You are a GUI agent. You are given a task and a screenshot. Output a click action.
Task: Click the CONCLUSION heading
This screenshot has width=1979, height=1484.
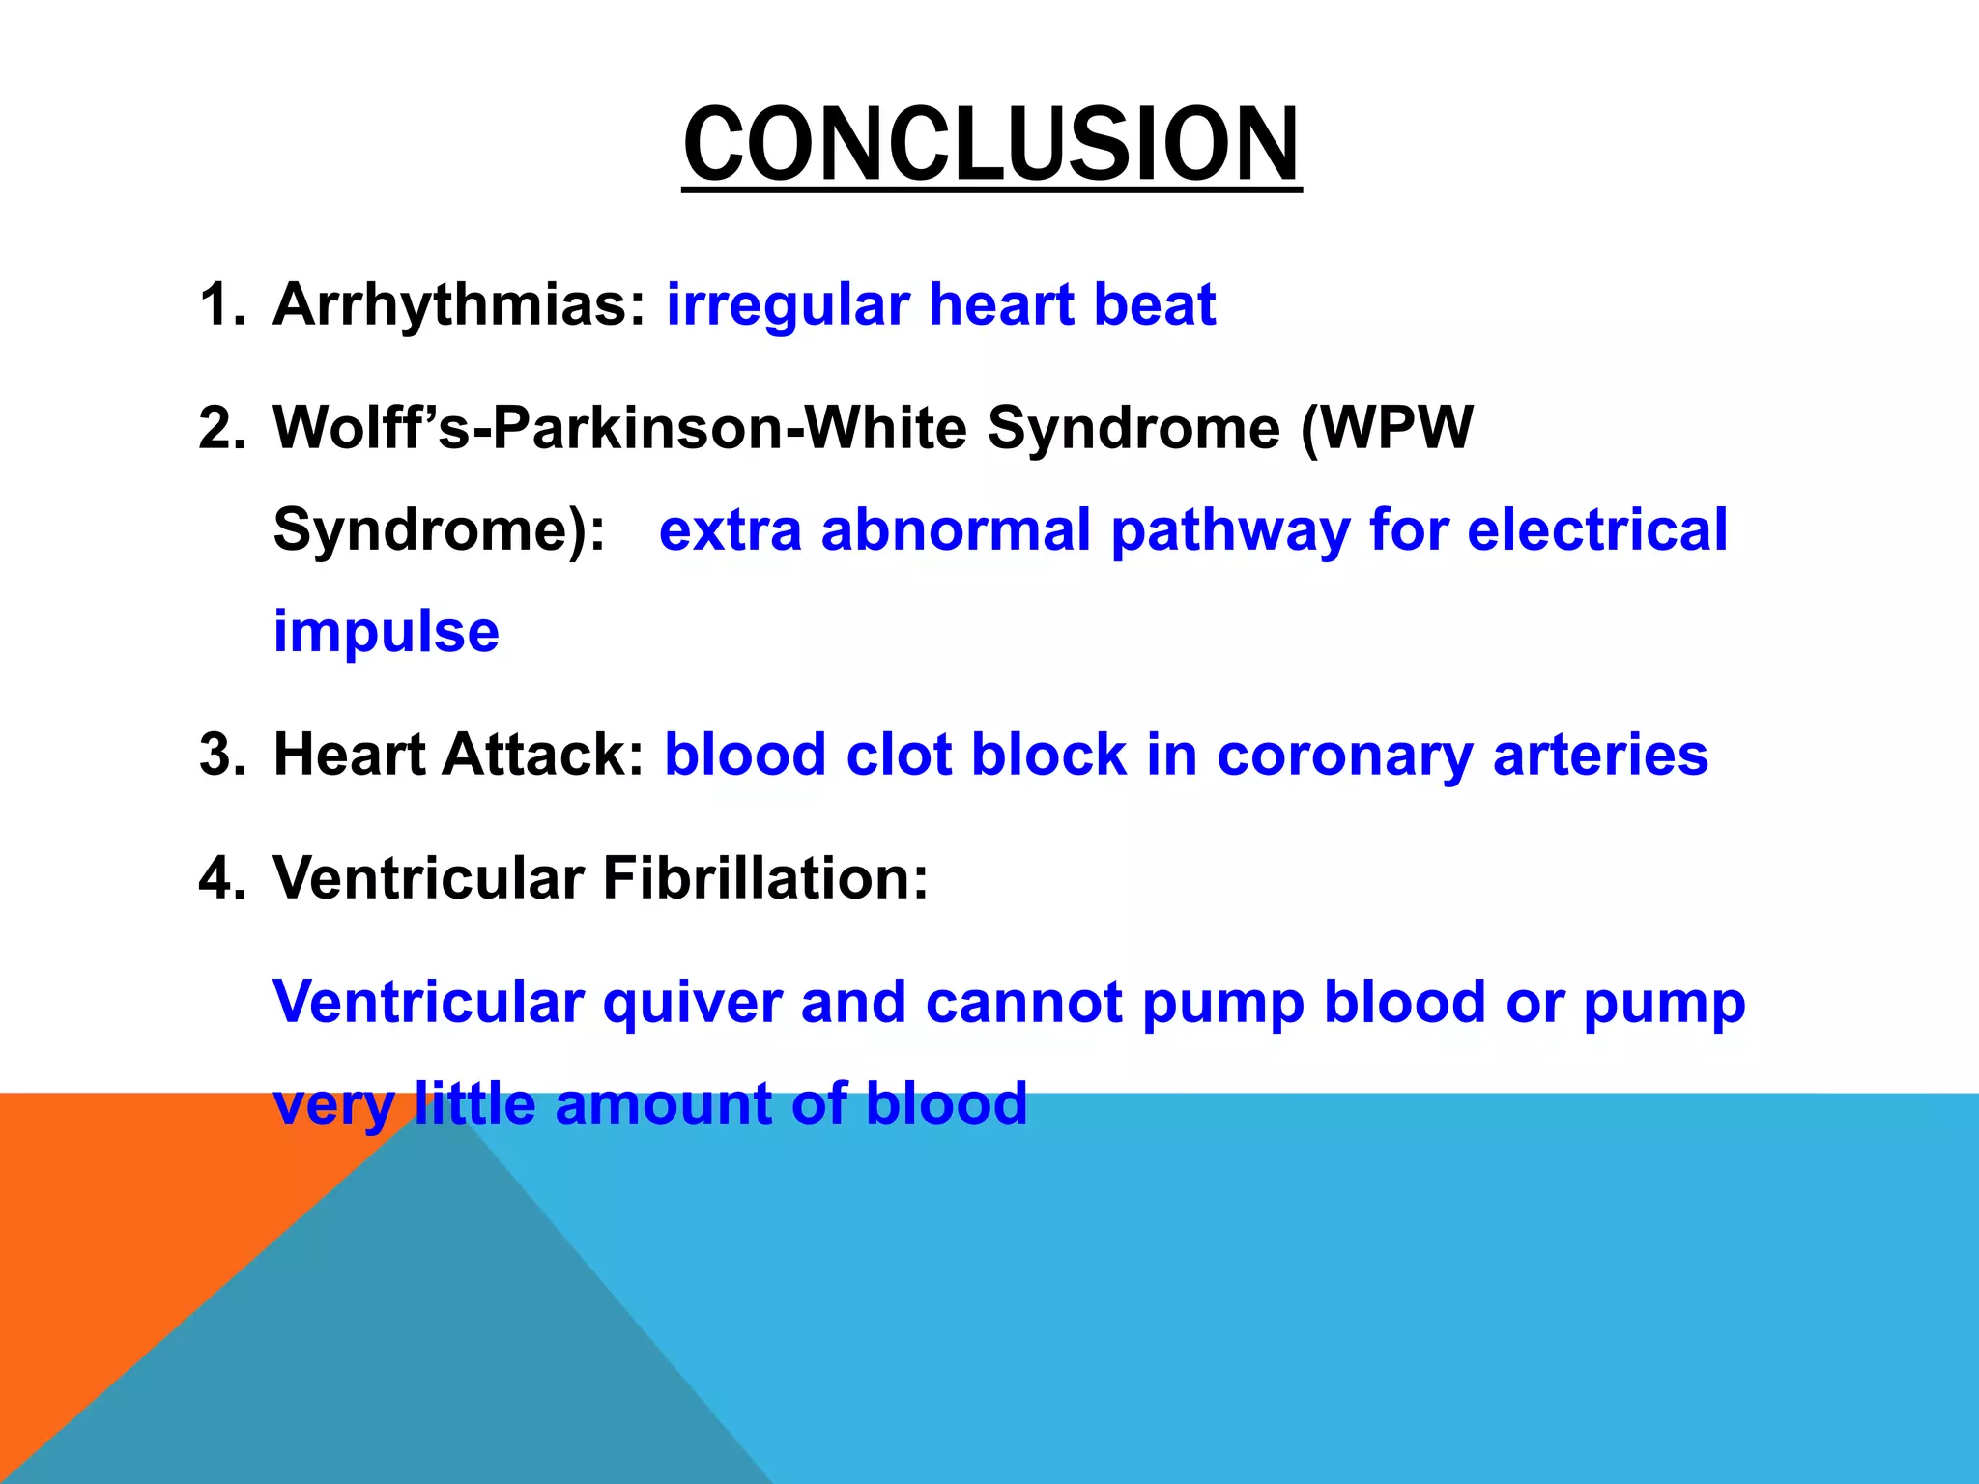click(x=991, y=145)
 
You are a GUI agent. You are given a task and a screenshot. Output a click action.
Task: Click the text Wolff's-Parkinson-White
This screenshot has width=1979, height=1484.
click(x=619, y=428)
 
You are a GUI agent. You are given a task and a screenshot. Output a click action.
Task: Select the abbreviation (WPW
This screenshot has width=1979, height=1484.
click(x=1387, y=428)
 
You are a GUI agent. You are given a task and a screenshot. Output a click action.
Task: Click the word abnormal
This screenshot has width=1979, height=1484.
click(x=956, y=530)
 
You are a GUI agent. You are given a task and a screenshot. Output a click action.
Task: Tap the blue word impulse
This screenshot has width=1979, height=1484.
click(x=387, y=633)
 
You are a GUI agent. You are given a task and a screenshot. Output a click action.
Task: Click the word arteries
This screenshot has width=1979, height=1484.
click(x=1600, y=756)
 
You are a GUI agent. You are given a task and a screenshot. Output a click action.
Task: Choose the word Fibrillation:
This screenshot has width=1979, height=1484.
click(x=765, y=879)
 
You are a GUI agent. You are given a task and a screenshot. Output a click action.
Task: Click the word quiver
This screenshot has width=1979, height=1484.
click(x=692, y=1003)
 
